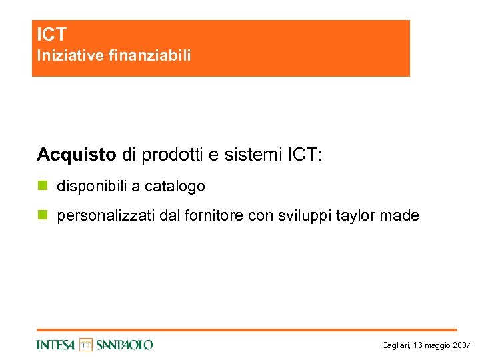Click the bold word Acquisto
[x=77, y=155]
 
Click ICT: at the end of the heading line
[x=305, y=155]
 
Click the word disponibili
[x=91, y=187]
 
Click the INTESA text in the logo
[x=56, y=345]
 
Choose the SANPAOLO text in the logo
[x=124, y=345]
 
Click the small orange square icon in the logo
[x=85, y=345]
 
